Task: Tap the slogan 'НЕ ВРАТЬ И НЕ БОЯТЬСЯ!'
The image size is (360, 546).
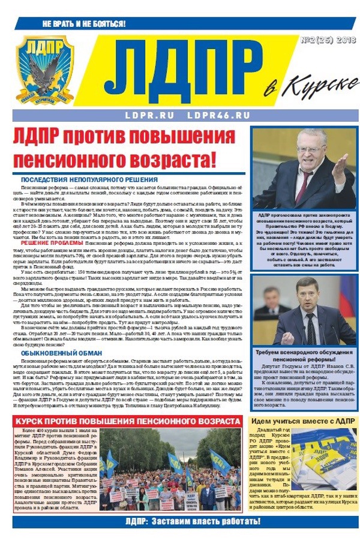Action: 84,25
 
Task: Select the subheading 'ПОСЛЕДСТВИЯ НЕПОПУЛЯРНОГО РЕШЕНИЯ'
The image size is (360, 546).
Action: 89,179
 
